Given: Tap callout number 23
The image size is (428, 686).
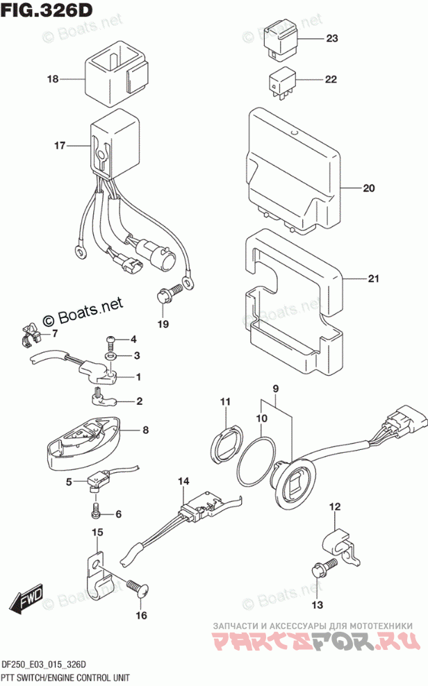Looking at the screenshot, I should point(331,39).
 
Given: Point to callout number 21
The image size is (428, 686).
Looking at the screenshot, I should point(373,279).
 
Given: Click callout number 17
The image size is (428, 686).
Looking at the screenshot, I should point(60,146).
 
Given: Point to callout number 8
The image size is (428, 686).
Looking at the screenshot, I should point(145,430).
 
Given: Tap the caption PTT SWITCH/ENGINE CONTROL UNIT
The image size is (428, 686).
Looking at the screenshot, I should point(66,676).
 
